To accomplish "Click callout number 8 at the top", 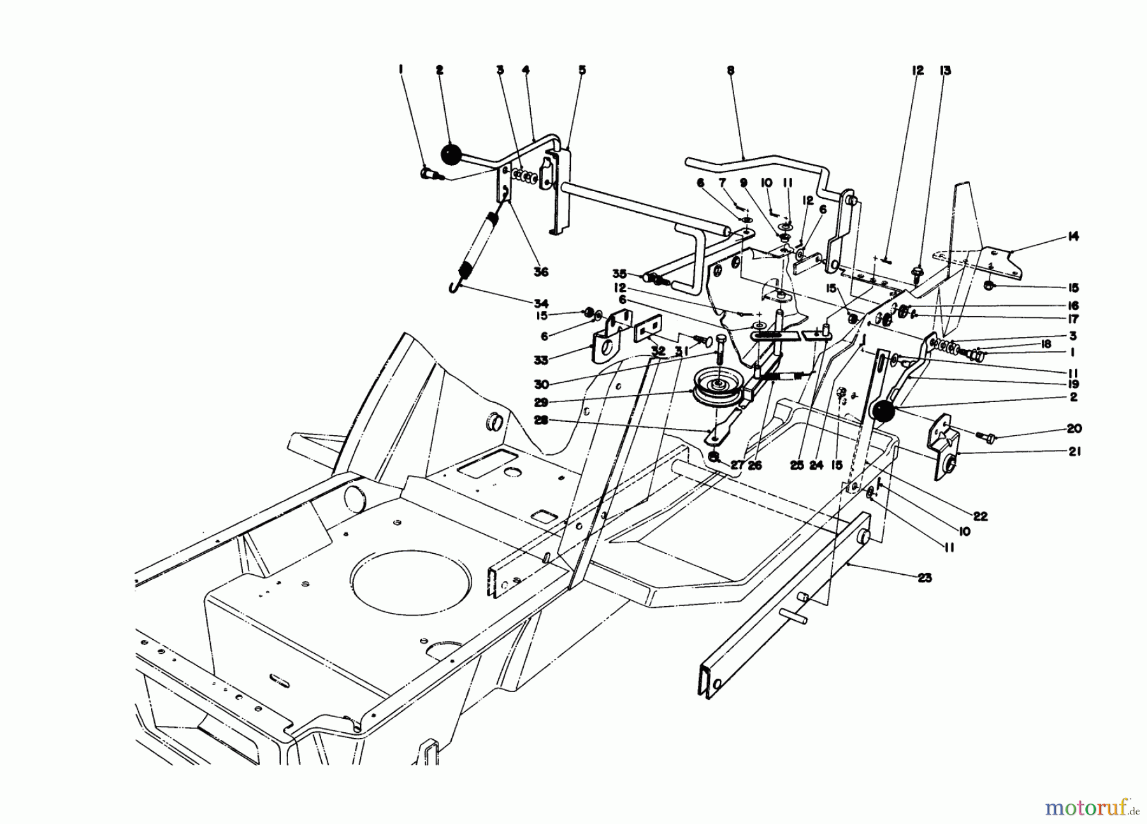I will point(730,71).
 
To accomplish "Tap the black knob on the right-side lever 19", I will point(883,412).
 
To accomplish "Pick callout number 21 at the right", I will point(1074,454).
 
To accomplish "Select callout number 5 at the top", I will point(582,70).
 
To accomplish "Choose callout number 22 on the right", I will point(980,516).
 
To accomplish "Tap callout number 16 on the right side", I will point(1074,306).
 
